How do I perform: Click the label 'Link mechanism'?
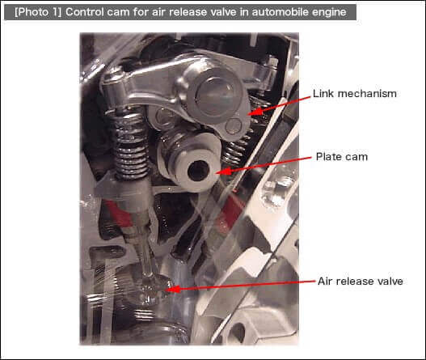(x=355, y=94)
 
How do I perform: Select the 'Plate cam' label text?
(x=342, y=157)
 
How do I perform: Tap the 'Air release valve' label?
(x=361, y=282)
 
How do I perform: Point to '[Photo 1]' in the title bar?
(x=38, y=12)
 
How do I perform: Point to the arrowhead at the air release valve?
(x=174, y=289)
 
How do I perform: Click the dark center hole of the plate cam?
(x=198, y=171)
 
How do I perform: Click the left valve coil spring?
(x=131, y=143)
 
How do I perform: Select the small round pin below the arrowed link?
(x=234, y=126)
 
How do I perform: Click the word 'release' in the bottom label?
(x=352, y=282)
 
